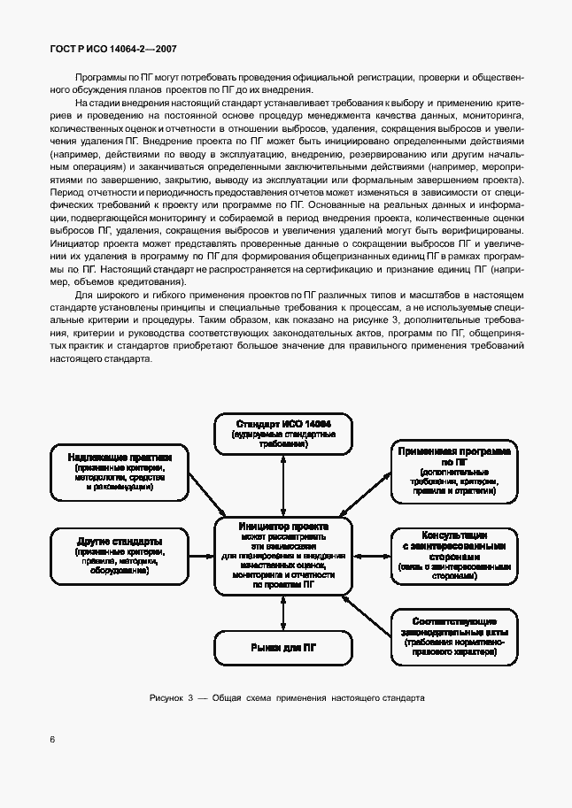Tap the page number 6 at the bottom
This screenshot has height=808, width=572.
coord(54,739)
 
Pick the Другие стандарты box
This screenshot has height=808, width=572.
coord(118,555)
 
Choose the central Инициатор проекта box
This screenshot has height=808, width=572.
coord(282,555)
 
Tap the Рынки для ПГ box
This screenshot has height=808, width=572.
coord(282,648)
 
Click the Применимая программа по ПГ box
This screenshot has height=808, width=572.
coord(454,470)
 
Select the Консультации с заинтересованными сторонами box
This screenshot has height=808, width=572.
coord(454,555)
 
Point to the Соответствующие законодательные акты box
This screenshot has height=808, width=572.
coord(454,636)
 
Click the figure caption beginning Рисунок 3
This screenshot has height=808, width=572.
coord(287,697)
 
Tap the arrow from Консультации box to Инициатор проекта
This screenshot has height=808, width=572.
coord(369,555)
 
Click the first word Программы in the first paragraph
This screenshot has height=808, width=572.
coord(97,78)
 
